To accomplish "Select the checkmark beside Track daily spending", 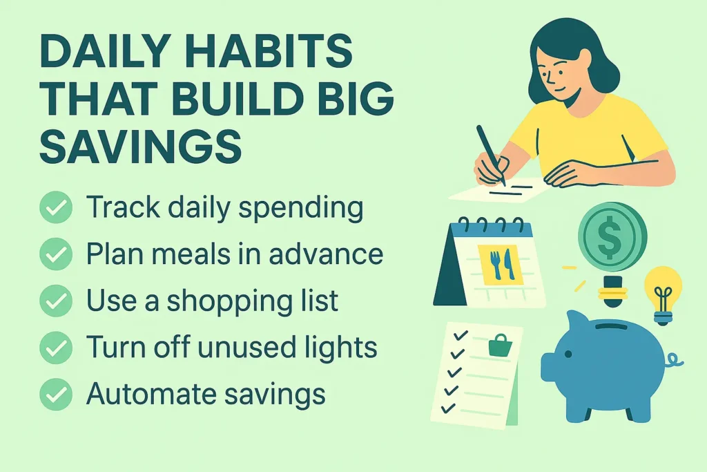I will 55,207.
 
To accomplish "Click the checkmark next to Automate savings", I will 55,395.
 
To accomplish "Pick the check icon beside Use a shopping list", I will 55,301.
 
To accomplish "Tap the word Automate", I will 146,395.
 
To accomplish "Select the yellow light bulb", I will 662,290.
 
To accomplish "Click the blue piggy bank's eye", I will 568,355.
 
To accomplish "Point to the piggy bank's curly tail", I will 672,360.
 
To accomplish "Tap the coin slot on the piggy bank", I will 610,324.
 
